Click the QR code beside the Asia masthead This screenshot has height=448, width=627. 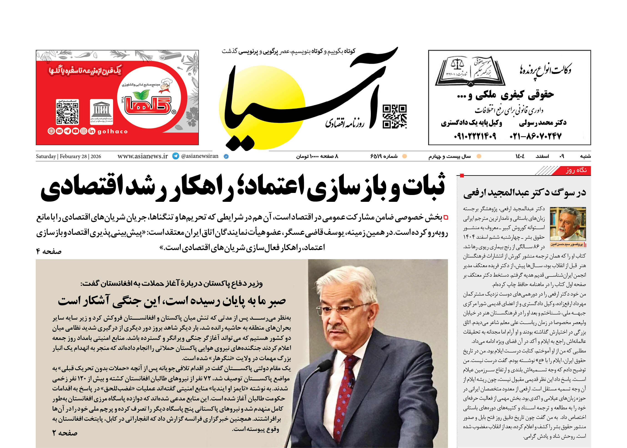tap(394, 116)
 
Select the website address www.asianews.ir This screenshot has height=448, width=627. tap(143, 156)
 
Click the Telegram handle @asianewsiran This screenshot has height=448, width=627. tap(200, 156)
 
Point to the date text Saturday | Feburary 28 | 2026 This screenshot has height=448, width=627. tap(68, 156)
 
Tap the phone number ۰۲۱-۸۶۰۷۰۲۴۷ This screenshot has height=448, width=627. tap(535, 136)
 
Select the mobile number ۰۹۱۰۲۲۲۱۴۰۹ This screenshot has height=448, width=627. tap(475, 136)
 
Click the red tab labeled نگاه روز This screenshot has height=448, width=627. tap(576, 170)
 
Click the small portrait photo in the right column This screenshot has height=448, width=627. tap(568, 224)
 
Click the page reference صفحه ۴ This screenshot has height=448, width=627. tap(48, 251)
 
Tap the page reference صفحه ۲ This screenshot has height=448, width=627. tap(65, 433)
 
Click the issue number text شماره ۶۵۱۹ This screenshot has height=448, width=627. tap(384, 156)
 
